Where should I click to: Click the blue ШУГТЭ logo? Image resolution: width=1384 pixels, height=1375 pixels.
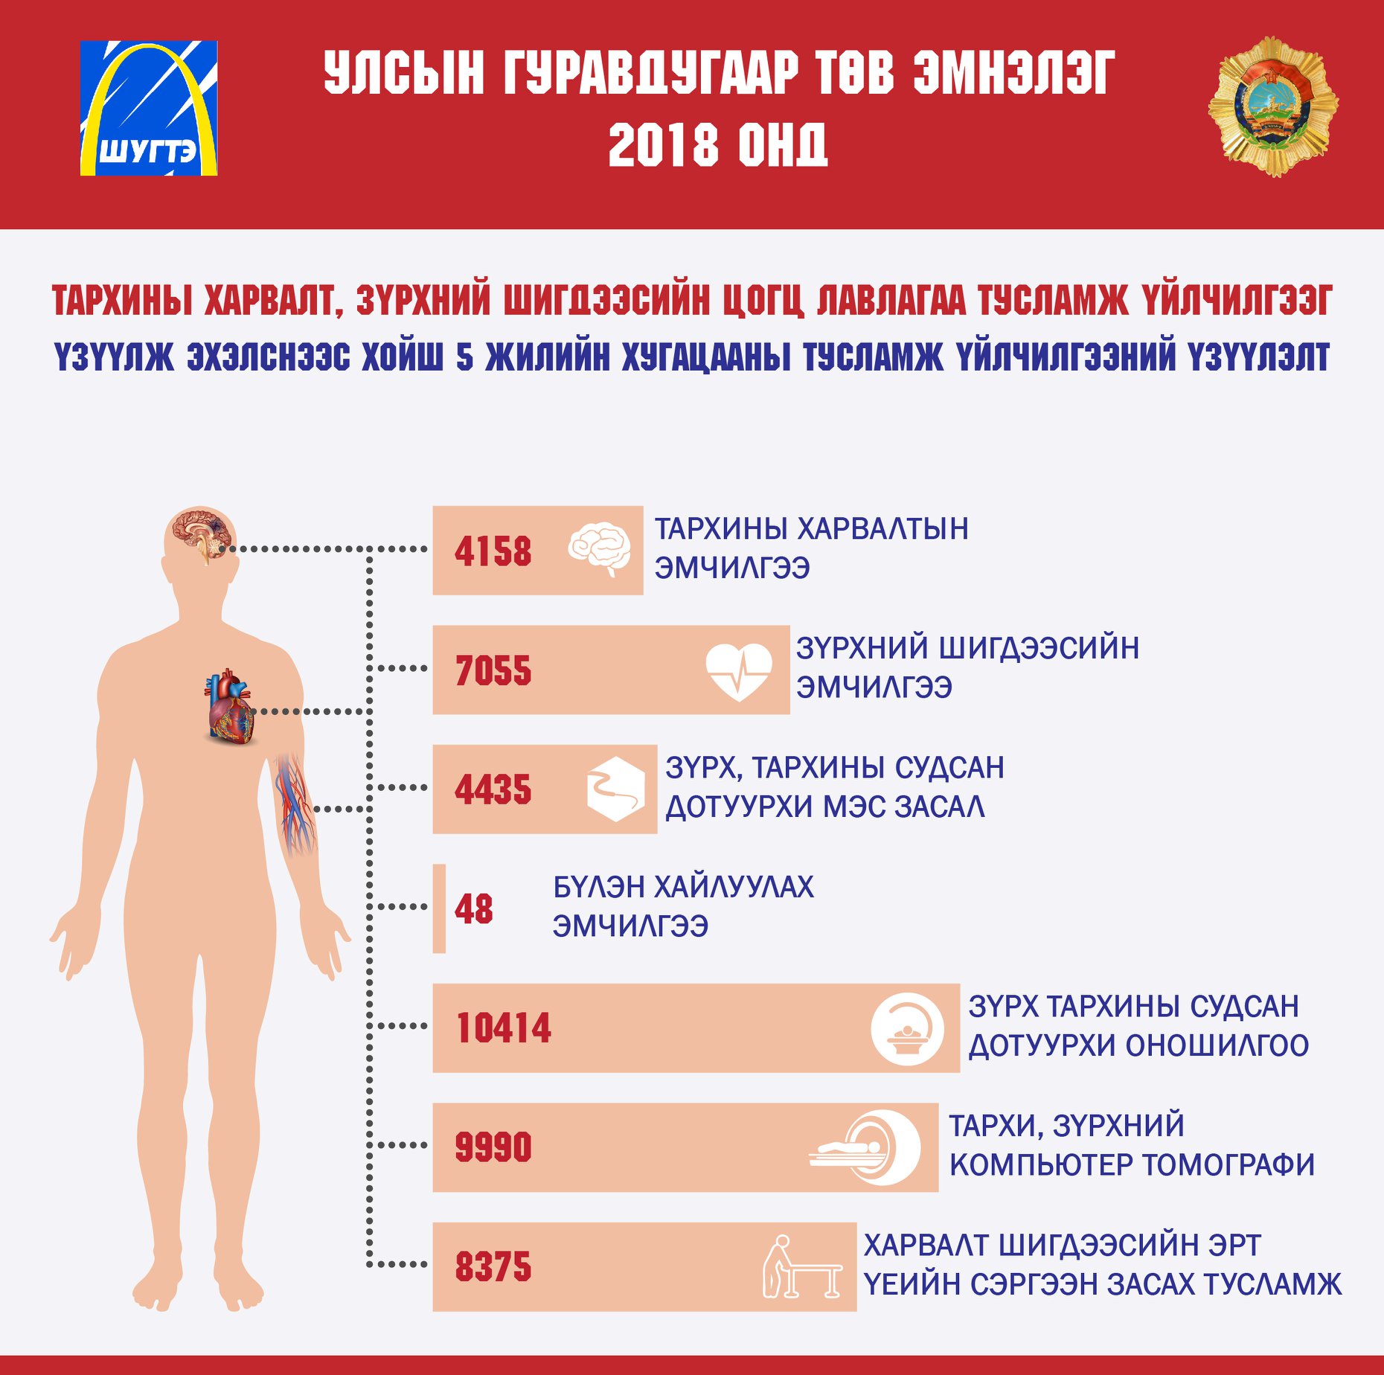point(149,108)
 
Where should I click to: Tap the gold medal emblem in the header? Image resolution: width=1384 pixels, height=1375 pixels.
point(1273,106)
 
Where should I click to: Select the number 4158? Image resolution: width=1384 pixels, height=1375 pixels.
point(493,551)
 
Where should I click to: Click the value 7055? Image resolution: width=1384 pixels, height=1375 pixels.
point(493,670)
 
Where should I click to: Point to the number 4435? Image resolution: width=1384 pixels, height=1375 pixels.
point(493,789)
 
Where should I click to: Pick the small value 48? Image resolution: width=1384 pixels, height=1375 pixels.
point(474,908)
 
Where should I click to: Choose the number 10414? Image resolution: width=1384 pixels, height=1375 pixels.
point(504,1028)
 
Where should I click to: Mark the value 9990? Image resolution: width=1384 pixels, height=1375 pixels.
point(493,1147)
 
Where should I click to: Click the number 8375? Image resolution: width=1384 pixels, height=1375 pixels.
point(493,1266)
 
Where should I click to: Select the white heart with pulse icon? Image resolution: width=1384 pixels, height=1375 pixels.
point(739,671)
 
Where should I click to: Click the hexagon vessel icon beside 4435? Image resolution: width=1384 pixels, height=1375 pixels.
point(615,789)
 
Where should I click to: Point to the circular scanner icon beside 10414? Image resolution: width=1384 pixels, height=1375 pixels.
point(907,1029)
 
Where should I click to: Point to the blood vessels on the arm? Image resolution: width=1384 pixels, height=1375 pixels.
point(295,804)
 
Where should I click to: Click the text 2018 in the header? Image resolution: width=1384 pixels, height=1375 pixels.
point(663,144)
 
